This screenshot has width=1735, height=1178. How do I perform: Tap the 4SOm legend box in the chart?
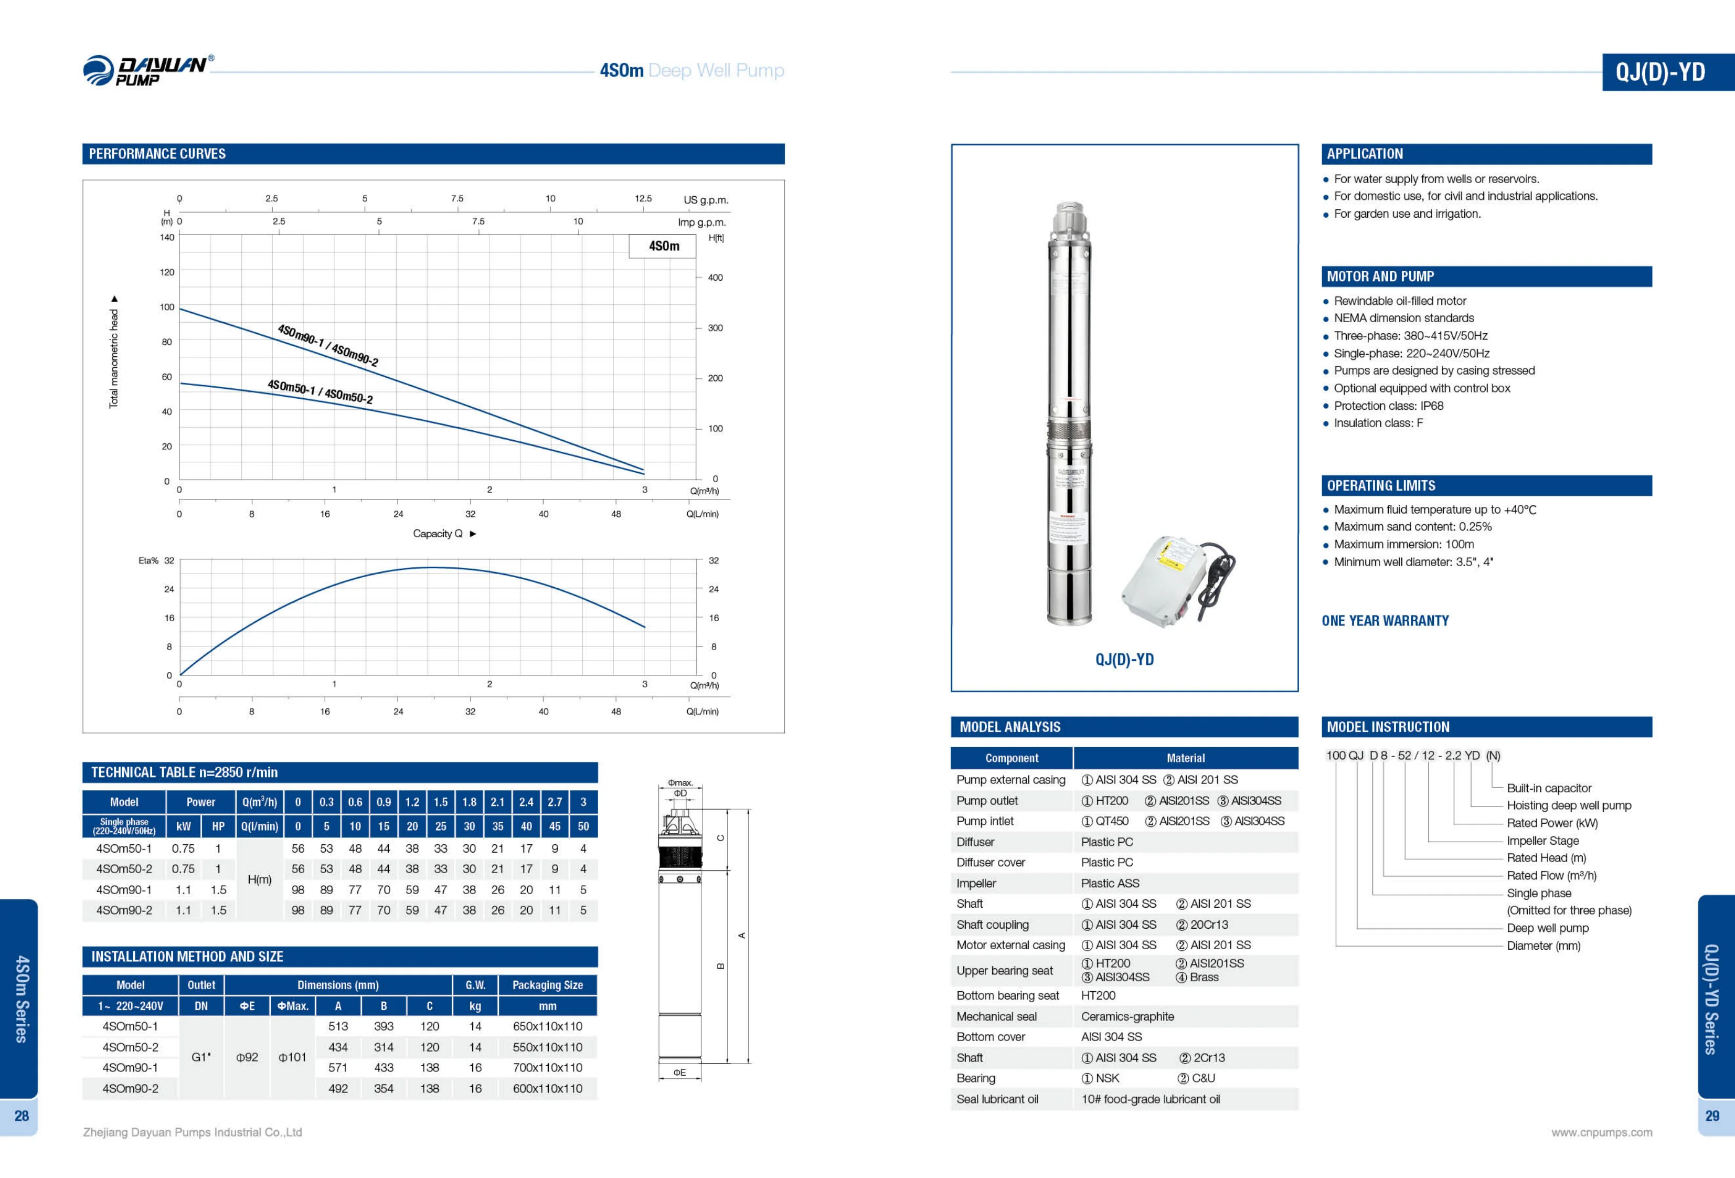[x=663, y=246]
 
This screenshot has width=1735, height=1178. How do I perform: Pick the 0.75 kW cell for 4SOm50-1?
[x=183, y=849]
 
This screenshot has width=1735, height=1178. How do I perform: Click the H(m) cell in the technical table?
[x=259, y=879]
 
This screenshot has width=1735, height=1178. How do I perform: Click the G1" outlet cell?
[x=201, y=1057]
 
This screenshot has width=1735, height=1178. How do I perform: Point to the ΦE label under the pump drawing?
[x=679, y=1073]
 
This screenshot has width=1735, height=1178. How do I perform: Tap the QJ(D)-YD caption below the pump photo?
[x=1124, y=660]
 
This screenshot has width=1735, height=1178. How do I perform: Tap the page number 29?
[x=1712, y=1116]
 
